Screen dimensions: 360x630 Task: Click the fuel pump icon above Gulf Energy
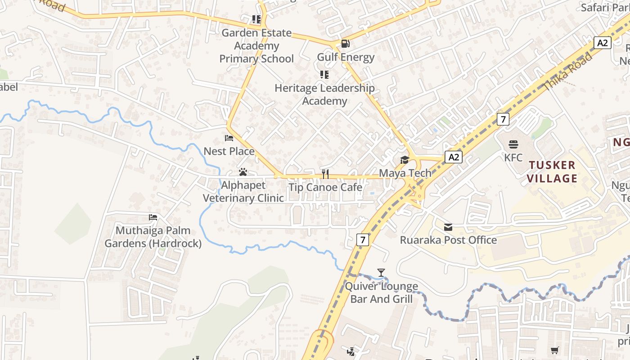click(x=345, y=44)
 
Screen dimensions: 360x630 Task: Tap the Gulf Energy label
click(x=346, y=57)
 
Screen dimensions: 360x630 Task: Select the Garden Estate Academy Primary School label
click(x=256, y=46)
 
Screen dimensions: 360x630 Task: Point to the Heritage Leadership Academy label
click(x=324, y=94)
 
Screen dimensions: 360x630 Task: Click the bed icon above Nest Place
click(x=229, y=138)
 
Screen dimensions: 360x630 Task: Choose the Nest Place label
click(x=229, y=151)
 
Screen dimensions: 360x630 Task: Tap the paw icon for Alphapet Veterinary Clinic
click(x=243, y=172)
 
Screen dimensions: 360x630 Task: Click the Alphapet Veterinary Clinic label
click(x=243, y=192)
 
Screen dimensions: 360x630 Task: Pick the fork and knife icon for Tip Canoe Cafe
click(x=325, y=174)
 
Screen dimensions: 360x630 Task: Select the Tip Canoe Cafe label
click(x=325, y=187)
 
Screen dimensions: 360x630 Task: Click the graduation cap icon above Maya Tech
click(x=405, y=160)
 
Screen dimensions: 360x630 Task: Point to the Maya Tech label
click(x=405, y=173)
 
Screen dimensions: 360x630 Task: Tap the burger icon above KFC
click(x=513, y=144)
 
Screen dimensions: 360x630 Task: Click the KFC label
click(x=513, y=157)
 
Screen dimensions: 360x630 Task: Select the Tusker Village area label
click(x=552, y=171)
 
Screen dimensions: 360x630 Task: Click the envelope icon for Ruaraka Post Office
click(x=448, y=227)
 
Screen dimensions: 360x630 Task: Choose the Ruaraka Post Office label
click(x=448, y=240)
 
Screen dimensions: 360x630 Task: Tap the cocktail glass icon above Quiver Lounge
click(x=381, y=272)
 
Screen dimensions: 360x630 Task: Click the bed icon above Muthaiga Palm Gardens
click(x=153, y=217)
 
